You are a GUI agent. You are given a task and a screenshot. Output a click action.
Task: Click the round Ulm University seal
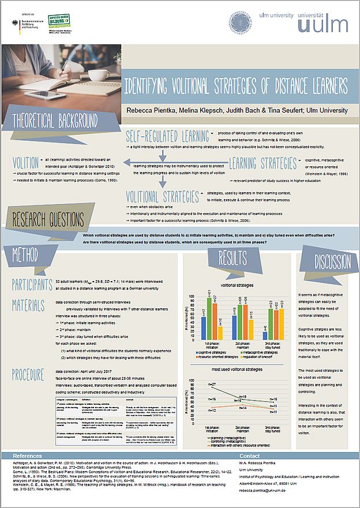click(240, 25)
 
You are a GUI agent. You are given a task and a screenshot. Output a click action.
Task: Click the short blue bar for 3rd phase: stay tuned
click(265, 335)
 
